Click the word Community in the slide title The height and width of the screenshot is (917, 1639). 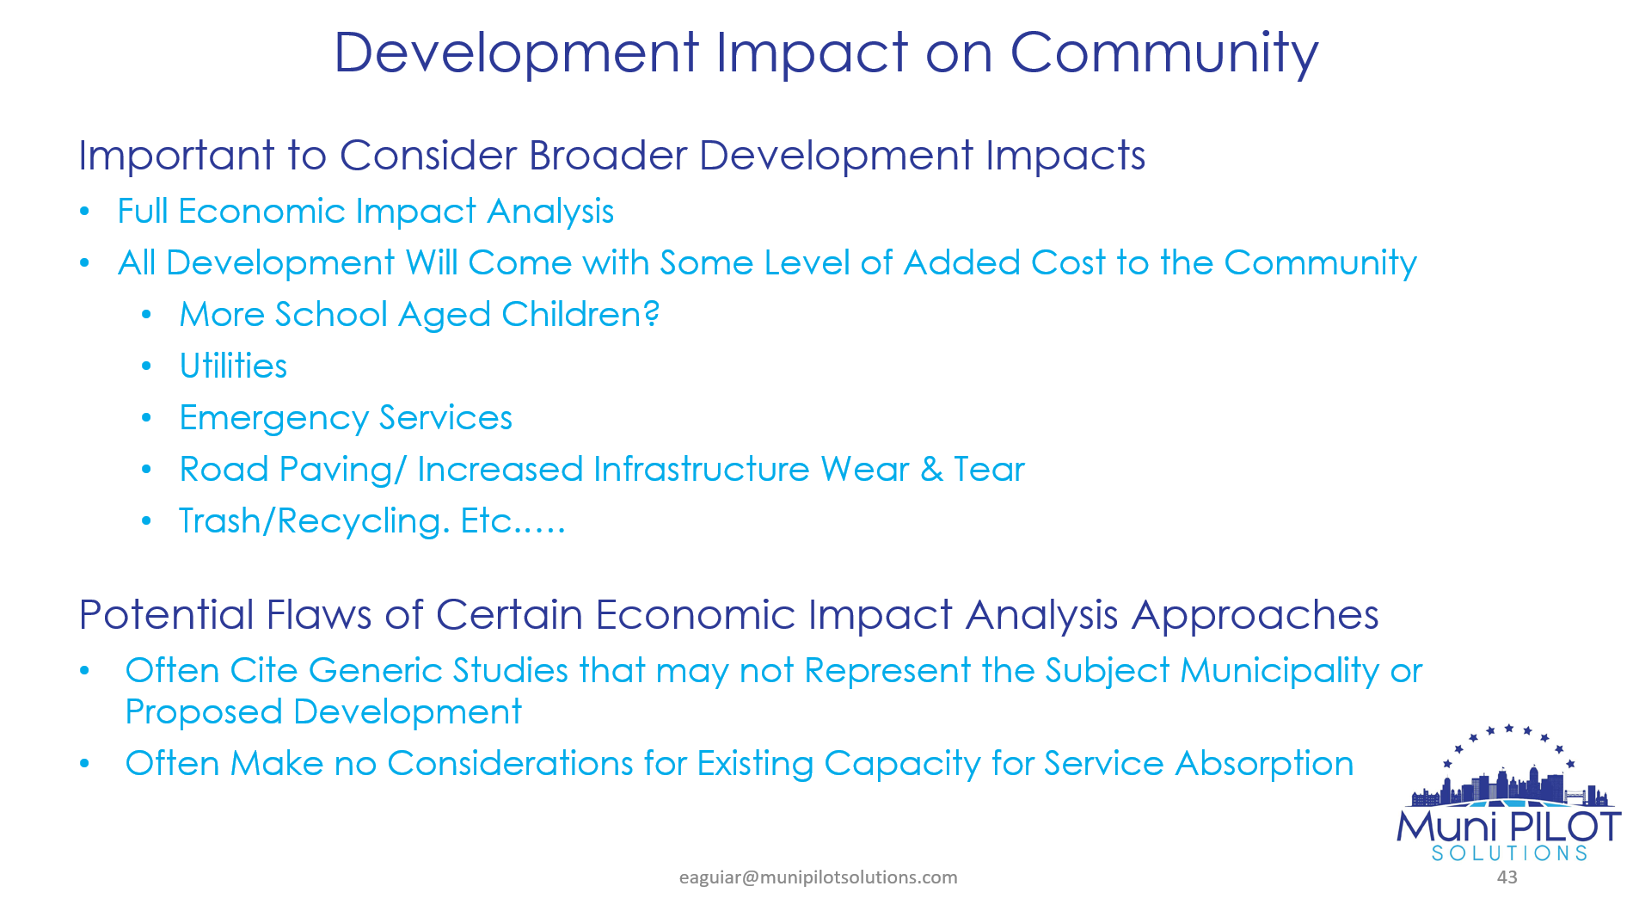(x=1163, y=53)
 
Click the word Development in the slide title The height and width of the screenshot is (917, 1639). (x=517, y=53)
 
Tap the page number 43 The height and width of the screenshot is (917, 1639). (x=1507, y=877)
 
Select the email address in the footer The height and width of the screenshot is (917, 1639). (x=818, y=877)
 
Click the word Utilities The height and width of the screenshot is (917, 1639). (x=233, y=366)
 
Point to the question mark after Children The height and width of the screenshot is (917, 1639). (x=652, y=314)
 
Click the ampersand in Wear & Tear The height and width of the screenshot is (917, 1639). (x=931, y=470)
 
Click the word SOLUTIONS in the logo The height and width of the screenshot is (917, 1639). (x=1509, y=853)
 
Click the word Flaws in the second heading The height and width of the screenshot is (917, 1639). (x=319, y=615)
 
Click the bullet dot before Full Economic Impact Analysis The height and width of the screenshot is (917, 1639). (x=84, y=212)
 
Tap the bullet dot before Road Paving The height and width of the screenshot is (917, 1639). (x=147, y=470)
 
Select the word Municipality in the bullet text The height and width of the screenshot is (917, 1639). (x=1280, y=672)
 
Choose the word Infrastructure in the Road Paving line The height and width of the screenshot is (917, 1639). (x=701, y=470)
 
